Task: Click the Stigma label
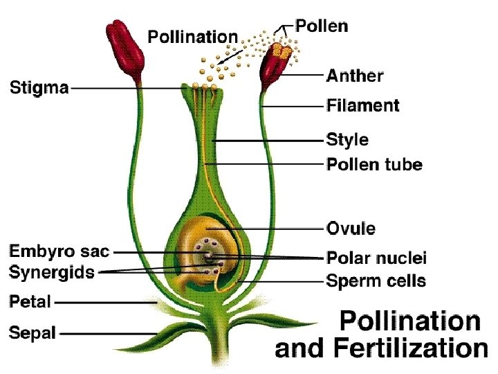tap(39, 88)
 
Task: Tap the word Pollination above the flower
tap(193, 36)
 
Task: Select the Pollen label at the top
tap(322, 26)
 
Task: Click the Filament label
tap(362, 106)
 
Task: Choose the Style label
tap(347, 140)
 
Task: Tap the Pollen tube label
tap(373, 165)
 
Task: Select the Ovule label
tap(351, 228)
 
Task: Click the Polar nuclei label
tap(376, 258)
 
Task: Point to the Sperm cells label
tap(376, 280)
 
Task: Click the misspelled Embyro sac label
tap(59, 251)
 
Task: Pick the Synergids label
tap(52, 272)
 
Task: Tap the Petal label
tap(30, 301)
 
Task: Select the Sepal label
tap(32, 332)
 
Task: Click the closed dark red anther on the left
tap(125, 44)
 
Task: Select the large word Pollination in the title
tap(409, 321)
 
